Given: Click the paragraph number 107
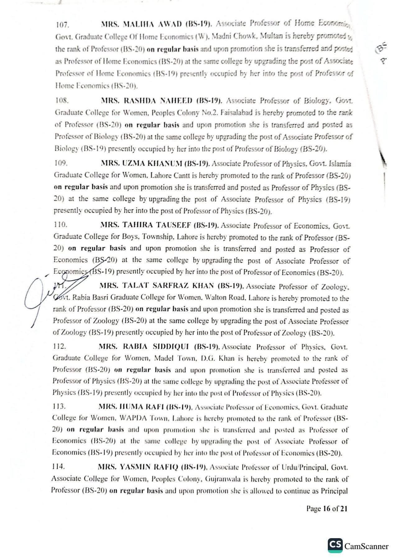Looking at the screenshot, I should click(x=61, y=24).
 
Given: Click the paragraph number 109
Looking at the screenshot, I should click(x=60, y=163).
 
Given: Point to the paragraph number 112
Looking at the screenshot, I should click(x=59, y=346).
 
